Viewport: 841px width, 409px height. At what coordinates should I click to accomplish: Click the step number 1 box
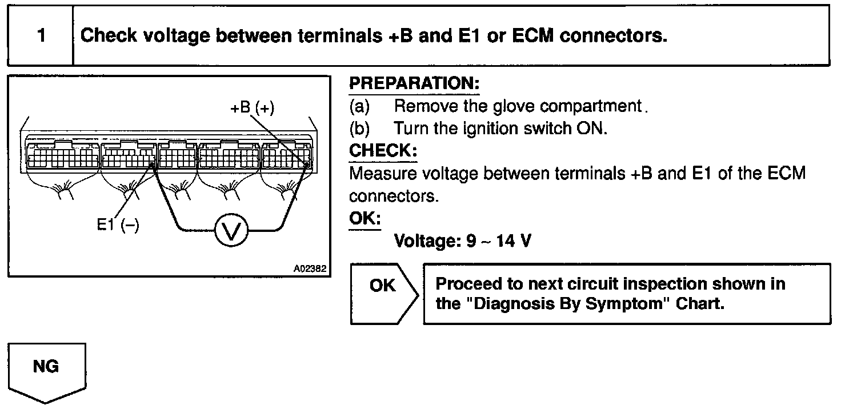[x=41, y=36]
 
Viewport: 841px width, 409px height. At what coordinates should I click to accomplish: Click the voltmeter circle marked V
[x=231, y=231]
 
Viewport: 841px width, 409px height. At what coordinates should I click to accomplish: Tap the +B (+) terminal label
[x=252, y=107]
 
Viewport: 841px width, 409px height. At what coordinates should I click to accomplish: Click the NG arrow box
[x=46, y=368]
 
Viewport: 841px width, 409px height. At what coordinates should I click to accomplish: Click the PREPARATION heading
[x=414, y=83]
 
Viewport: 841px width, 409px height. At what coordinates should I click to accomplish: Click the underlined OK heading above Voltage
[x=365, y=219]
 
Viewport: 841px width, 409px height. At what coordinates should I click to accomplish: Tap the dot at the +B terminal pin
[x=306, y=165]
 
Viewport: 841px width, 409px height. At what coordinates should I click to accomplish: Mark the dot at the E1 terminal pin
[x=151, y=165]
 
